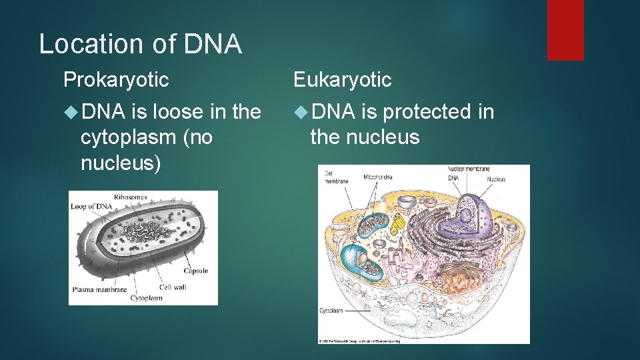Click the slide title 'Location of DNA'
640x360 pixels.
pyautogui.click(x=140, y=44)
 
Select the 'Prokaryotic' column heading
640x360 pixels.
pyautogui.click(x=116, y=80)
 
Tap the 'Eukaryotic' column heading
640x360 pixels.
pyautogui.click(x=343, y=80)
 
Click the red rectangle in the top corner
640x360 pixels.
pyautogui.click(x=565, y=30)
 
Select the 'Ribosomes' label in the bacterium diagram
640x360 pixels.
pyautogui.click(x=130, y=197)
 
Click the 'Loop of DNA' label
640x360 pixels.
pyautogui.click(x=91, y=207)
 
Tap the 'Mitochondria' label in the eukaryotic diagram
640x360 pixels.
pyautogui.click(x=378, y=177)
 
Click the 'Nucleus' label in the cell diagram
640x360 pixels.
pyautogui.click(x=496, y=179)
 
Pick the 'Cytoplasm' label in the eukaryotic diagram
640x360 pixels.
pyautogui.click(x=331, y=311)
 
